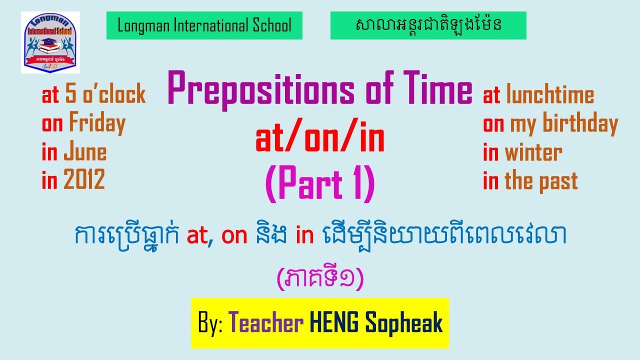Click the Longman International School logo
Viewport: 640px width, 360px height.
50,42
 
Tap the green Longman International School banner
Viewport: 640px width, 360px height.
204,25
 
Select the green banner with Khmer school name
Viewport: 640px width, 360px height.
428,25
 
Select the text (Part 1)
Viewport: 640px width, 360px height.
320,184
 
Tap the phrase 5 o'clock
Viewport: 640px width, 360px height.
105,95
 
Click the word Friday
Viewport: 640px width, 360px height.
97,123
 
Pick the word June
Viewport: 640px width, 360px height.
84,152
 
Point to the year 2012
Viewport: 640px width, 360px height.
84,180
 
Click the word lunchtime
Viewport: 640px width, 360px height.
550,95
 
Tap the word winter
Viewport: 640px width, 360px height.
533,152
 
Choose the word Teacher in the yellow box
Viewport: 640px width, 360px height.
266,323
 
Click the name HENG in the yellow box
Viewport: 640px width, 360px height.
334,323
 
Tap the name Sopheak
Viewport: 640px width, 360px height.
404,323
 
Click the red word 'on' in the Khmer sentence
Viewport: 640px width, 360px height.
234,236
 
